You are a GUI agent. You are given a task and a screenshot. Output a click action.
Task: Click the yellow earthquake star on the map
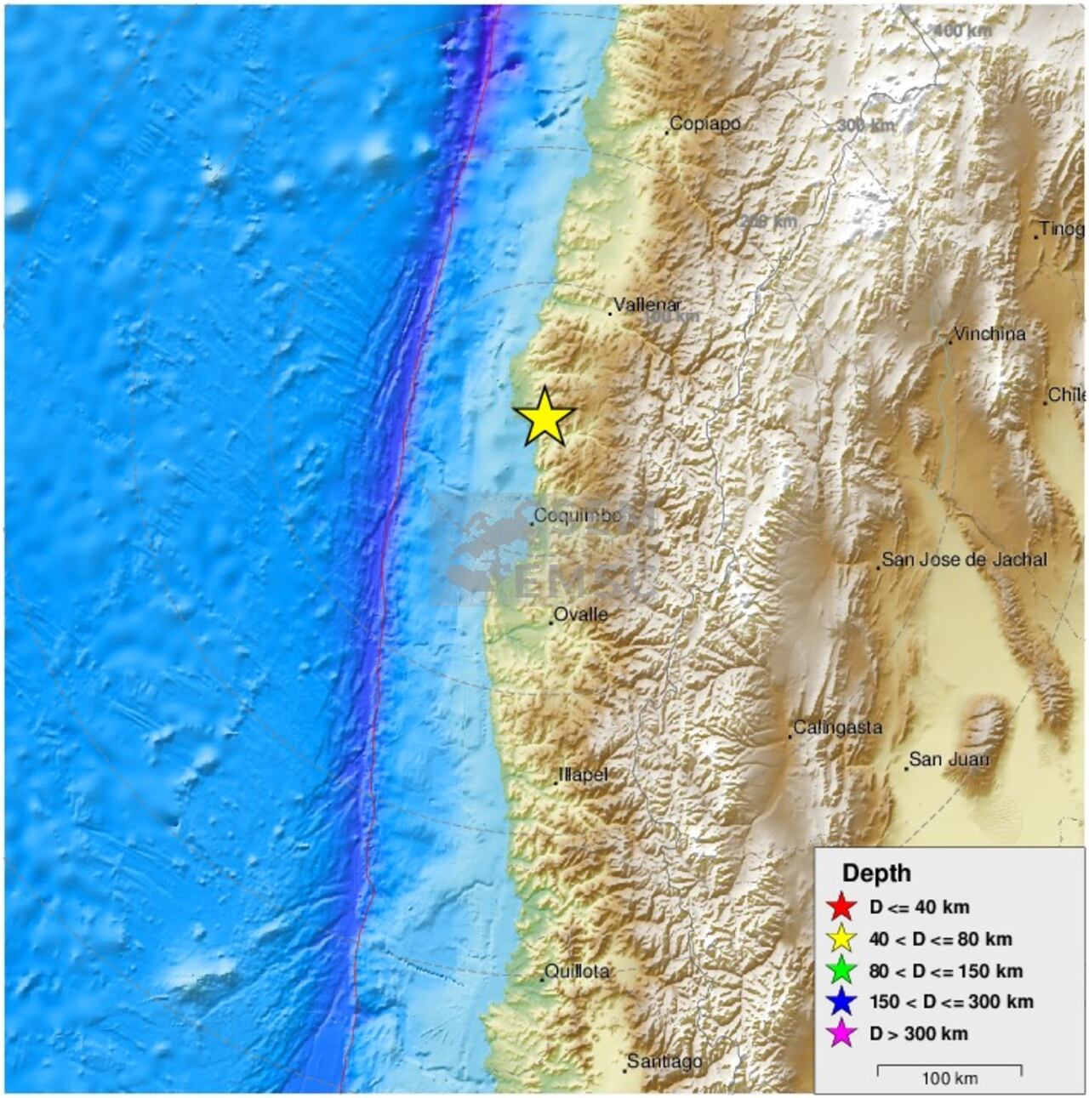[x=544, y=417]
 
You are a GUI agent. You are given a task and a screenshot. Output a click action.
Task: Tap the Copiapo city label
[x=704, y=124]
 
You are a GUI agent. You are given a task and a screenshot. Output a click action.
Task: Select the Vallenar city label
[x=647, y=304]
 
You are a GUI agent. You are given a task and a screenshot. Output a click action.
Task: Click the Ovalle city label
[x=580, y=614]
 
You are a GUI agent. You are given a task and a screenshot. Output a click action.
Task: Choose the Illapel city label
[x=583, y=775]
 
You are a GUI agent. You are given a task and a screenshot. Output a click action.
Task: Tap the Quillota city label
[x=577, y=971]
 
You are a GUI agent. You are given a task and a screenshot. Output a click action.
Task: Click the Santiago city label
[x=664, y=1061]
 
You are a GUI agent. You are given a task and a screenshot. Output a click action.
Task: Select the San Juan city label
[x=949, y=759]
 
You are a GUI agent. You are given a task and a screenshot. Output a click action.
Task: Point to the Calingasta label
[x=837, y=728]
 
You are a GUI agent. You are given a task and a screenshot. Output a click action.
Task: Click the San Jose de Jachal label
[x=964, y=560]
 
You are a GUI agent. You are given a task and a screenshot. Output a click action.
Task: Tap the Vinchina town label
[x=989, y=334]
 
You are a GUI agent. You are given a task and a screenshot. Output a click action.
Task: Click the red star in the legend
[x=841, y=907]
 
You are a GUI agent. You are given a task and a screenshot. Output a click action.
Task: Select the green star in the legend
[x=841, y=970]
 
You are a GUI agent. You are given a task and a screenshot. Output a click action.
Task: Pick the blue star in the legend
[x=841, y=1002]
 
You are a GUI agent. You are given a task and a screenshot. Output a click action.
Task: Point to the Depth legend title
[x=876, y=873]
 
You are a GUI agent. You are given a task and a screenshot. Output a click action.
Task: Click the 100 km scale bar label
[x=949, y=1078]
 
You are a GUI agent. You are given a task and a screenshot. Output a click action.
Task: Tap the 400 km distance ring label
[x=962, y=31]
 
